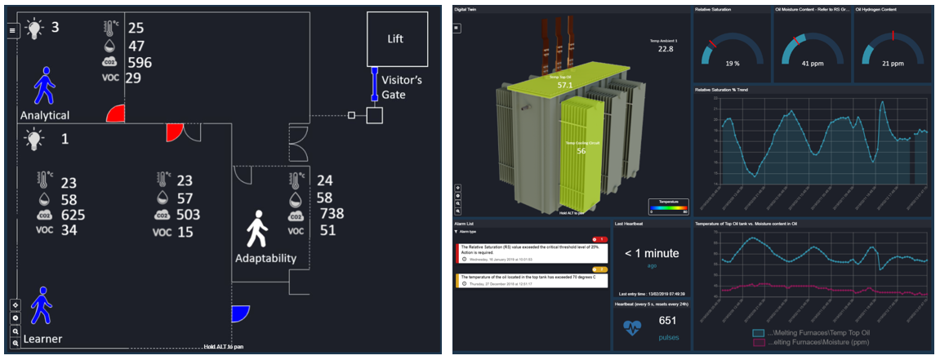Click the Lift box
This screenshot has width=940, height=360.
click(395, 38)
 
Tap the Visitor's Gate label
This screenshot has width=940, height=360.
click(401, 87)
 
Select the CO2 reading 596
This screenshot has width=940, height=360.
click(139, 62)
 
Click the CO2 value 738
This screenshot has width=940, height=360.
click(332, 214)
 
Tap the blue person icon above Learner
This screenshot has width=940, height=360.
click(42, 307)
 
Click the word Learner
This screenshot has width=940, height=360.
click(42, 339)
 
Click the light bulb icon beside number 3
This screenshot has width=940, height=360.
click(33, 29)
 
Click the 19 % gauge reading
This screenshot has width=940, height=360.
click(731, 63)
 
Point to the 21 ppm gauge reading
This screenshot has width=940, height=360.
click(892, 63)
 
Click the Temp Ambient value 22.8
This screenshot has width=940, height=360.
click(666, 48)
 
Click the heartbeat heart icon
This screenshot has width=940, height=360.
click(632, 328)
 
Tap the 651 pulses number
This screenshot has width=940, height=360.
click(668, 321)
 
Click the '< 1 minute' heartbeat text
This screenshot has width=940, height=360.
click(651, 253)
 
